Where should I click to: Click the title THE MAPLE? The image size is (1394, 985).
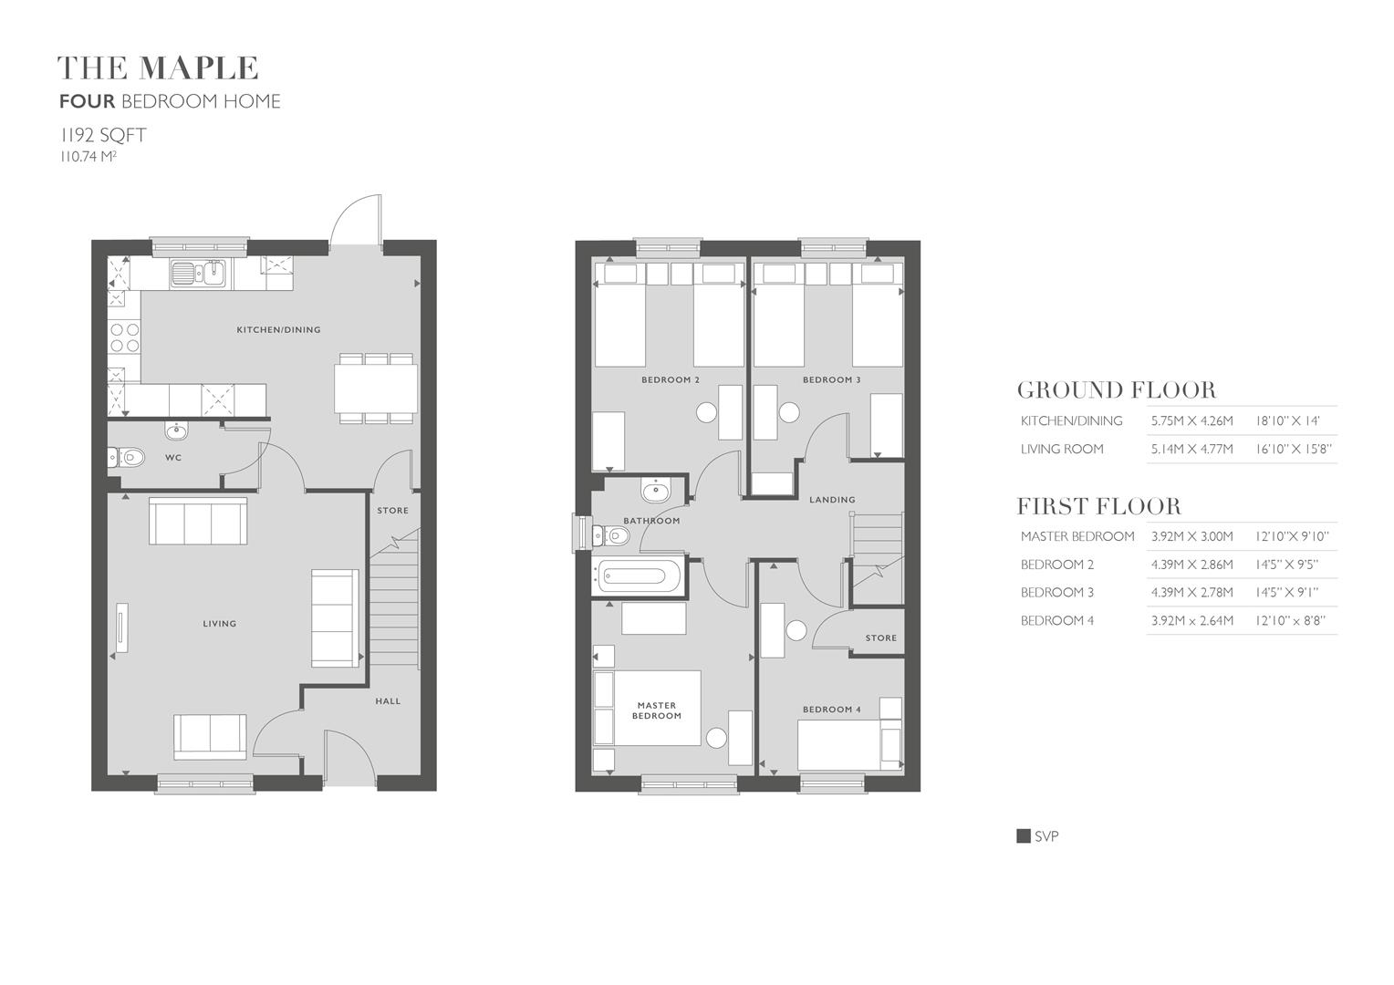coord(158,68)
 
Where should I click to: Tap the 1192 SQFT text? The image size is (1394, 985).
coord(103,136)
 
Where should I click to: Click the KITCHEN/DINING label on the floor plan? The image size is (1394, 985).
coord(278,330)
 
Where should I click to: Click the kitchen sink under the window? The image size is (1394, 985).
coord(198,273)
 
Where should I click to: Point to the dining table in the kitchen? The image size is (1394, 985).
coord(376,389)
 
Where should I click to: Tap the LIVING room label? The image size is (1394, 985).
coord(219,624)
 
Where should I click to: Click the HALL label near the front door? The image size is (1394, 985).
coord(388,701)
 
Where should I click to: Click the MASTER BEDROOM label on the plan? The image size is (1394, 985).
coord(656,710)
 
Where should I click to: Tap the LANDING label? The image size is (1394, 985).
coord(832,500)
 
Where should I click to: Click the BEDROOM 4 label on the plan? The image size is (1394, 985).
coord(831,710)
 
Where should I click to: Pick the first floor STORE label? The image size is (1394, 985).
coord(880,638)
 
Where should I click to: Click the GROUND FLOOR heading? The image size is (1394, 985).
coord(1116,390)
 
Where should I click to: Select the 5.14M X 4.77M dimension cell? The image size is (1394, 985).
coord(1191,449)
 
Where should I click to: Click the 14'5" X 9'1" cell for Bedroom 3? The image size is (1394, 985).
coord(1286,593)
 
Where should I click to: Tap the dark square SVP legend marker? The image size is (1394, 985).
coord(1024,836)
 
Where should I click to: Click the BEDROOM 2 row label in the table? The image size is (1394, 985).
coord(1056,565)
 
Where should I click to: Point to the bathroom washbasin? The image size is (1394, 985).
coord(655,492)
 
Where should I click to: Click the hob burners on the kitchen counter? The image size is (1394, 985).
coord(125,338)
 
